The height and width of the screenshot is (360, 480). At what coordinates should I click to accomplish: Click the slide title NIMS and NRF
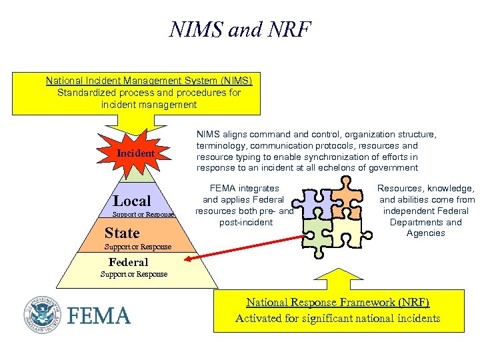pyautogui.click(x=240, y=30)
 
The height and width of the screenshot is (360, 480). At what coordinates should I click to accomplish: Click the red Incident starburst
pyautogui.click(x=135, y=153)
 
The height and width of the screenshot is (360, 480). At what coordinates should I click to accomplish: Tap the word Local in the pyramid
pyautogui.click(x=132, y=201)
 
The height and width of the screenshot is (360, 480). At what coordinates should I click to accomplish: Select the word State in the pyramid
pyautogui.click(x=122, y=233)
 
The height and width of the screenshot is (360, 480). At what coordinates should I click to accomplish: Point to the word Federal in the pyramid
pyautogui.click(x=129, y=262)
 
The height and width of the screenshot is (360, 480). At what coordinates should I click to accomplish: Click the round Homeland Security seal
pyautogui.click(x=43, y=313)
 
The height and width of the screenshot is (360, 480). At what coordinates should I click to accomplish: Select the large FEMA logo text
pyautogui.click(x=99, y=315)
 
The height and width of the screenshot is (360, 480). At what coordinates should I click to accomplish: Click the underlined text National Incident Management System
pyautogui.click(x=149, y=81)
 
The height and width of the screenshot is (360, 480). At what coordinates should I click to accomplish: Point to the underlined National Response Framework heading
pyautogui.click(x=337, y=302)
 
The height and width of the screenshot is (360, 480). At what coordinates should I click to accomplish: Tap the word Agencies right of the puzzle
pyautogui.click(x=425, y=233)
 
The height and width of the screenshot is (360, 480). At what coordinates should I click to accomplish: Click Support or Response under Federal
pyautogui.click(x=134, y=274)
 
